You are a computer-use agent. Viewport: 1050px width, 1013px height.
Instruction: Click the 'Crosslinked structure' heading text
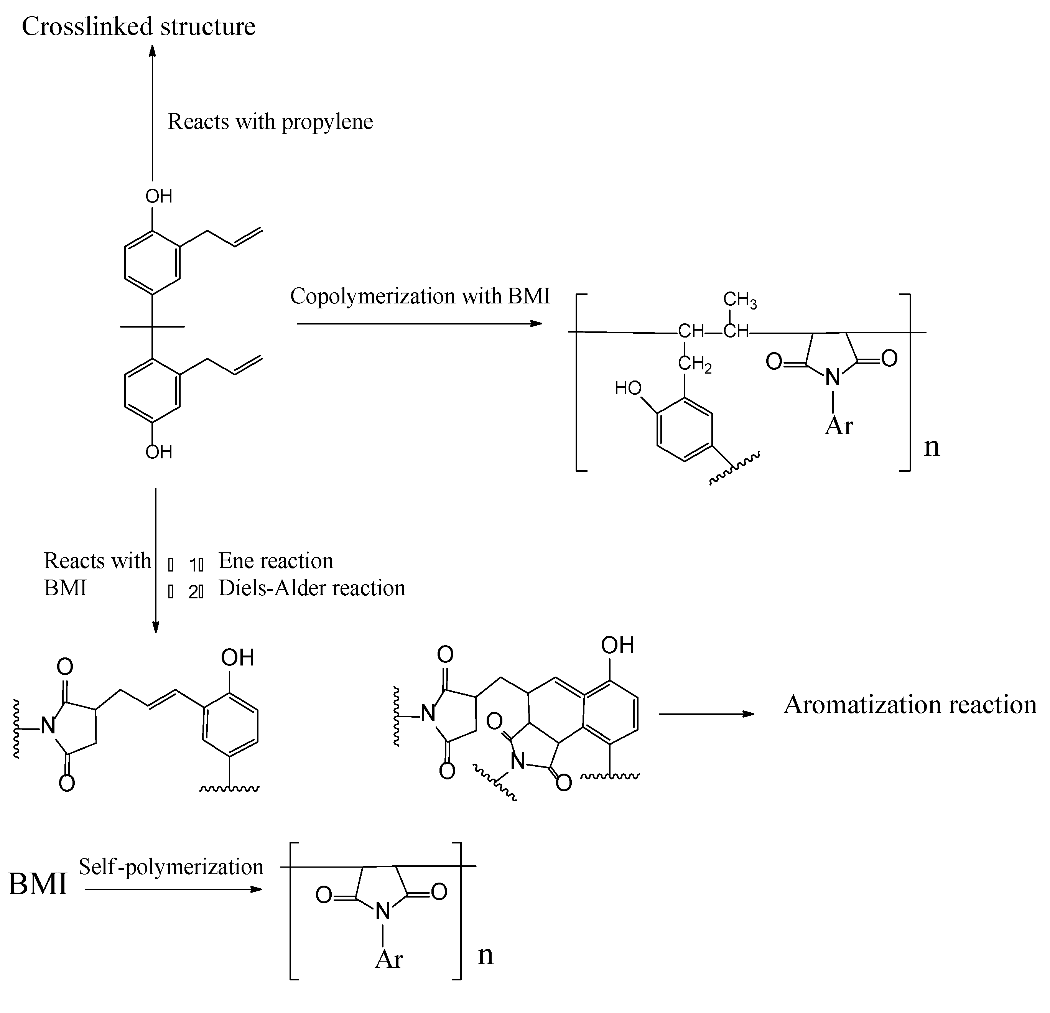[x=138, y=27]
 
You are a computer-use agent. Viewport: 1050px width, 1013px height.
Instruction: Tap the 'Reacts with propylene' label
[x=270, y=122]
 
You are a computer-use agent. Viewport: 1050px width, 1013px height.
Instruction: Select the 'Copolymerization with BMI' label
[x=420, y=296]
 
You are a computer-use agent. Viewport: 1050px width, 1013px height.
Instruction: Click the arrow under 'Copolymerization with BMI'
[x=420, y=324]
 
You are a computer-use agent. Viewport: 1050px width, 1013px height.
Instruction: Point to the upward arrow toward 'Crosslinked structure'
[x=153, y=112]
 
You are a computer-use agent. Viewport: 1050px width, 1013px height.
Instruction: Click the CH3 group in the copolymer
[x=739, y=300]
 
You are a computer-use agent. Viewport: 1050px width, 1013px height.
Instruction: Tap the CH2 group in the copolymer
[x=694, y=364]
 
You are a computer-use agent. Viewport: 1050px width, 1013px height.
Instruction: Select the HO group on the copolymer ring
[x=628, y=388]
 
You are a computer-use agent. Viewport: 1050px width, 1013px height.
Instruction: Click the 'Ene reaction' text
[x=275, y=561]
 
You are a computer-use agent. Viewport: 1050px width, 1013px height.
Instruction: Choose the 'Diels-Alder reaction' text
[x=312, y=588]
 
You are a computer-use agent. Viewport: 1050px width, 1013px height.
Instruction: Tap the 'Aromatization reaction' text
[x=910, y=705]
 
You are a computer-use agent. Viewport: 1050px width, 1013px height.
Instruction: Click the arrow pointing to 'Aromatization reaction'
[x=706, y=714]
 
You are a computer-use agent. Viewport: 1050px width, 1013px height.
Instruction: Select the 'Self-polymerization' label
[x=171, y=867]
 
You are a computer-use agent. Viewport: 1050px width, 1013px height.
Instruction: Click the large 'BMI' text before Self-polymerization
[x=38, y=885]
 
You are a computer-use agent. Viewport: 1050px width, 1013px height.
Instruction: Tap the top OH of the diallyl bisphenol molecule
[x=158, y=197]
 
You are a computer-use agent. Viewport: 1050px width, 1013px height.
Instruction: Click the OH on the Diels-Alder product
[x=617, y=646]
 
